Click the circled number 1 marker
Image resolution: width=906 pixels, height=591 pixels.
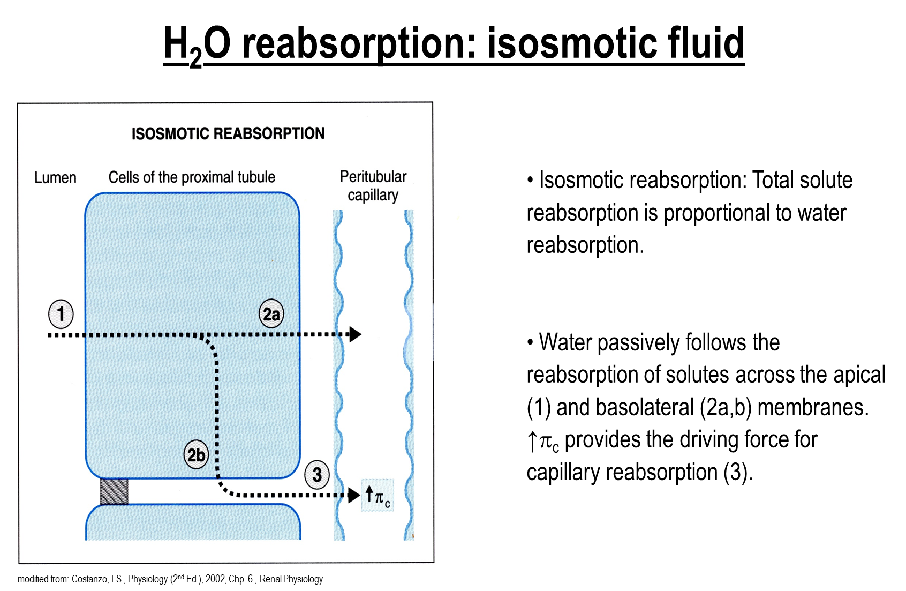coord(61,314)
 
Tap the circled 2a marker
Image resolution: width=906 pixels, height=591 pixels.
coord(271,313)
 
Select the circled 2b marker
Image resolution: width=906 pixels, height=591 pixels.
coord(196,454)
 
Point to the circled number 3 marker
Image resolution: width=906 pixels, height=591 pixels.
coord(317,474)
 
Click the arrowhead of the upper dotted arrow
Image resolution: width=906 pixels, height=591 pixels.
coord(354,334)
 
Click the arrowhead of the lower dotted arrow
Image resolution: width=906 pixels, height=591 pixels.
coord(354,495)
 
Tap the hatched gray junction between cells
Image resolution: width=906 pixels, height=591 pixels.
coord(114,491)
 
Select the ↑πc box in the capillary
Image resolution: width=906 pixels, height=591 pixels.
coord(378,496)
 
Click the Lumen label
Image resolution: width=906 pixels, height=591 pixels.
coord(55,178)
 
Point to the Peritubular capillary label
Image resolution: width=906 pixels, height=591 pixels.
coord(373,186)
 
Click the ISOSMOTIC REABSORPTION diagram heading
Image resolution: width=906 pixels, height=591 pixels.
coord(228,133)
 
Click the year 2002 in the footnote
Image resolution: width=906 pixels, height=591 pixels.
coord(215,579)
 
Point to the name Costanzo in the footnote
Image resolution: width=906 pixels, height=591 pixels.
coord(89,579)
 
